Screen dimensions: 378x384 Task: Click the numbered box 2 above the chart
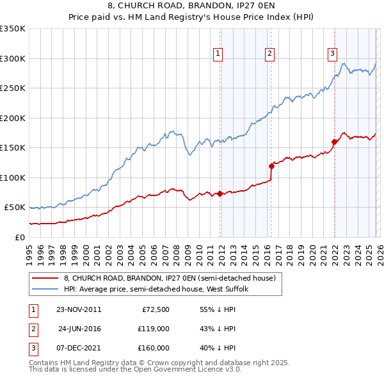(270, 54)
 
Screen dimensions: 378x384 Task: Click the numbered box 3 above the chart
(333, 54)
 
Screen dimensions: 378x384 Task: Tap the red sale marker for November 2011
(220, 193)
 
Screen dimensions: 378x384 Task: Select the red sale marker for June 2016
(271, 165)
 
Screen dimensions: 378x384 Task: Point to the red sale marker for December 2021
(334, 142)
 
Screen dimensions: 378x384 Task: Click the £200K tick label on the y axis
(12, 118)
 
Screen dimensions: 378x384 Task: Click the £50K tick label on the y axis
(14, 208)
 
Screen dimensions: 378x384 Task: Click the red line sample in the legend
(45, 278)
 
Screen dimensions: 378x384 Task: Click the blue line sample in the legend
(45, 289)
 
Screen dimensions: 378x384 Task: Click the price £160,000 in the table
(154, 348)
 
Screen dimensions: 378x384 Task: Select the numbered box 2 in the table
(33, 329)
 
